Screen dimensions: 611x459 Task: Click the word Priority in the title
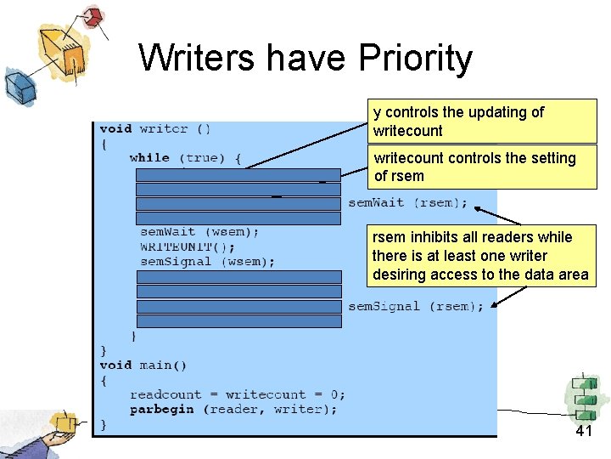click(416, 59)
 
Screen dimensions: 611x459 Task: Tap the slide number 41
click(583, 431)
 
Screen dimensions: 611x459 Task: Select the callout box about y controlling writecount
click(483, 121)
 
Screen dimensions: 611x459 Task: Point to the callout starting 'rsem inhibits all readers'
click(479, 256)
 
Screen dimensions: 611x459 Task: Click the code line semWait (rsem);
click(407, 203)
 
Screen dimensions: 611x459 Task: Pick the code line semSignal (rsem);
click(416, 306)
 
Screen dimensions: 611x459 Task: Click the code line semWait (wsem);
click(199, 231)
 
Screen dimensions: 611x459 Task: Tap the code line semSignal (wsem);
click(207, 262)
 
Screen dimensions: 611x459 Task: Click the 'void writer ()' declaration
click(155, 128)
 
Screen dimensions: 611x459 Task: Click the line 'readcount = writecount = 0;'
click(237, 394)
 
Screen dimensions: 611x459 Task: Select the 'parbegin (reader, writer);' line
click(233, 409)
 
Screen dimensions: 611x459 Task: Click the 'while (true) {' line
click(185, 157)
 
